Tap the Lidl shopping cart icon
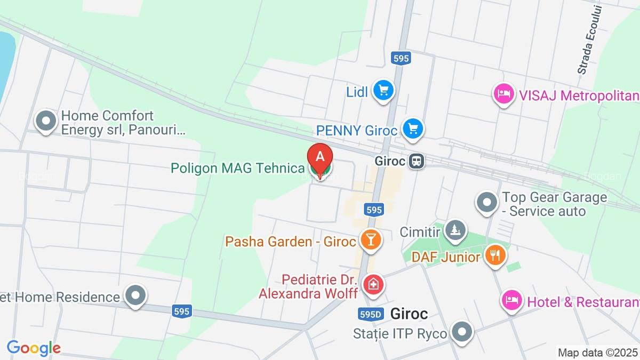[x=383, y=90]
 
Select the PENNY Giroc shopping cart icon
[x=412, y=129]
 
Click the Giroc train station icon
[x=417, y=161]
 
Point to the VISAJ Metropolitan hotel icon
[x=503, y=94]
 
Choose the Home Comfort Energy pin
[x=46, y=121]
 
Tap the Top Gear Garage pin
[x=486, y=203]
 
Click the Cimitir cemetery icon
[x=455, y=230]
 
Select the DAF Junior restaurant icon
[x=495, y=255]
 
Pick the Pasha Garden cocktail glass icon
[x=370, y=240]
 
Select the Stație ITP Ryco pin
[x=462, y=332]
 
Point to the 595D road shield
[x=371, y=314]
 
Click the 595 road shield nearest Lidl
[x=401, y=58]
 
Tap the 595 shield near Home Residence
[x=182, y=311]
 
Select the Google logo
[x=34, y=348]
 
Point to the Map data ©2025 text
[x=597, y=353]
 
